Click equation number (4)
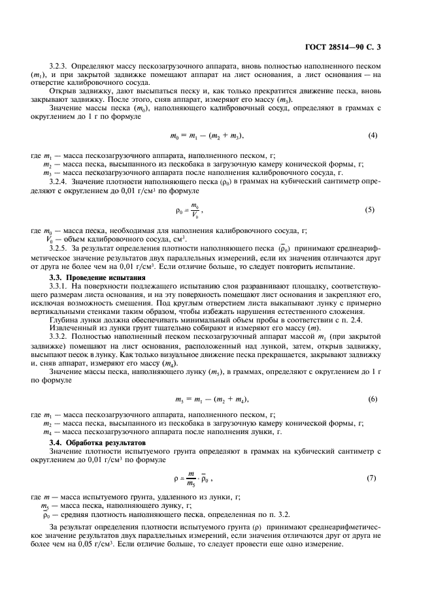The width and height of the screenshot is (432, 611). tap(373, 135)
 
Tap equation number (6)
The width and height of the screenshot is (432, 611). tap(373, 398)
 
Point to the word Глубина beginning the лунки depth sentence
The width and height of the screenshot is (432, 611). tap(65, 319)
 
